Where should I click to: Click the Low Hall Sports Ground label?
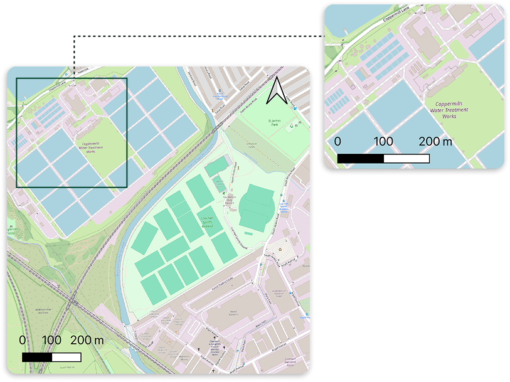tap(207, 221)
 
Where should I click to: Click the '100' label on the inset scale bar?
tap(383, 141)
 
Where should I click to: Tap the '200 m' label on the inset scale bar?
tap(435, 141)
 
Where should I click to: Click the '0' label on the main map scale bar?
tap(23, 340)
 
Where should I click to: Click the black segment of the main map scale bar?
tap(36, 357)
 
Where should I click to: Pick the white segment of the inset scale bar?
tap(406, 158)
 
